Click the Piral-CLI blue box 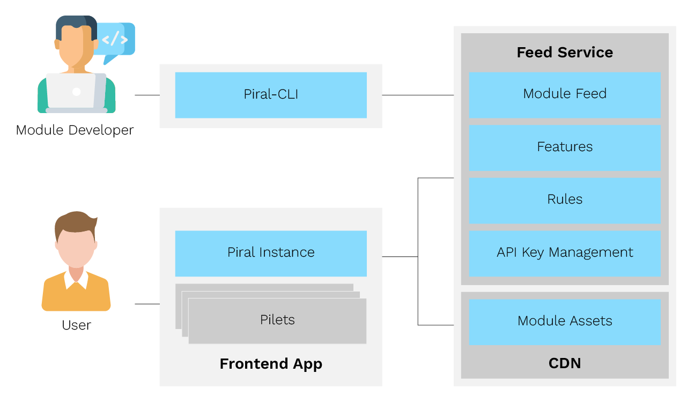pos(271,95)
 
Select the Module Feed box pos(565,94)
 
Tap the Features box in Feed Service pos(565,147)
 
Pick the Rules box pos(565,200)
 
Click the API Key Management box pos(565,253)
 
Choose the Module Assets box pos(565,322)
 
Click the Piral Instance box pos(271,253)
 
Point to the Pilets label pos(277,320)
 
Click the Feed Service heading pos(565,53)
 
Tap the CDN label pos(565,363)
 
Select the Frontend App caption pos(271,364)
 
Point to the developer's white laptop pos(76,92)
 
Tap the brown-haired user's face pos(76,247)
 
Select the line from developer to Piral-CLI pos(147,95)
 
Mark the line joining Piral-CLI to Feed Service pos(418,95)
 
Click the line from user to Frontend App pos(147,304)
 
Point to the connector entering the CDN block pos(435,325)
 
